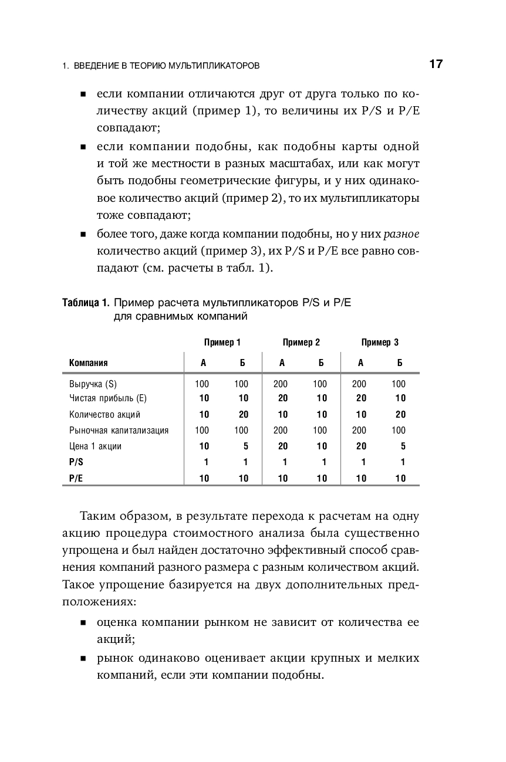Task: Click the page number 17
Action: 436,65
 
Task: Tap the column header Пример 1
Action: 222,343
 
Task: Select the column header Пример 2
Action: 301,343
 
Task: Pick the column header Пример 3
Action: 380,343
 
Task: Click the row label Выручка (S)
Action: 93,384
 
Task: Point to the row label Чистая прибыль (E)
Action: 107,398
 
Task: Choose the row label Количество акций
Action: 104,415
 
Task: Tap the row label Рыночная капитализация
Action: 119,431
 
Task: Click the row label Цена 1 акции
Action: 95,446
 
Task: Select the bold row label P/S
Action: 76,462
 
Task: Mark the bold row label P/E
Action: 76,479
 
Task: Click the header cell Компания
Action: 89,363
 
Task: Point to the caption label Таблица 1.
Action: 86,303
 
